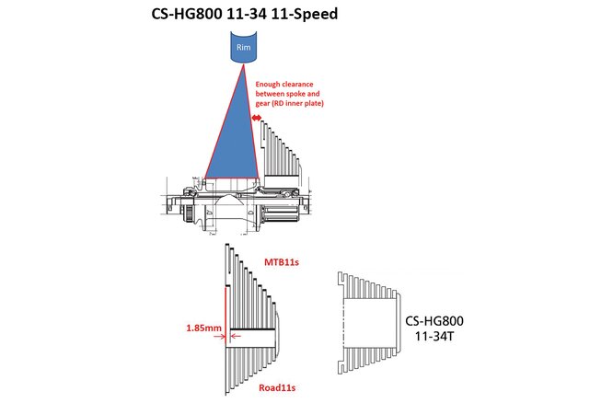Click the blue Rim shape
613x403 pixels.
(243, 48)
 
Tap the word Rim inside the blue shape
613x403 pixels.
(243, 47)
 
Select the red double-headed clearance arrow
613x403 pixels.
(257, 118)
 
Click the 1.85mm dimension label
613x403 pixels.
(203, 328)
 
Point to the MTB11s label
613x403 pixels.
(282, 262)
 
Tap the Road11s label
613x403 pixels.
(277, 387)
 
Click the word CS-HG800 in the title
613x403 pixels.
(188, 14)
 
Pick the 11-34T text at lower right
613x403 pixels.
(434, 336)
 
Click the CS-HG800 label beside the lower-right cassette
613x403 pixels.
(434, 321)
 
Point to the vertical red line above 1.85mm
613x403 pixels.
(226, 311)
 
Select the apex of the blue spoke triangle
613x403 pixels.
(244, 64)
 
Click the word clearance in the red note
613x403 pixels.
(298, 84)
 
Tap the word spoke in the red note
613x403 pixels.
(296, 94)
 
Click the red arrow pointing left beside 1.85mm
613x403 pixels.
(236, 336)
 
